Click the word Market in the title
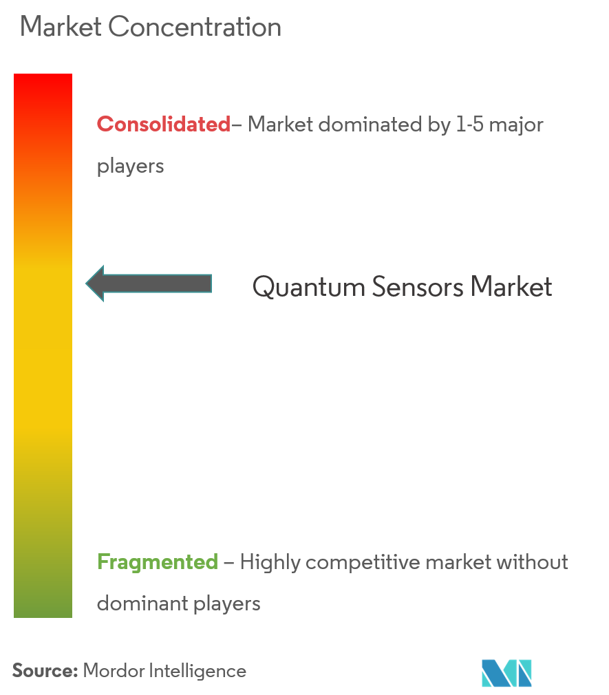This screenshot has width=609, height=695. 61,27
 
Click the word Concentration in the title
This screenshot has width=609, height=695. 195,27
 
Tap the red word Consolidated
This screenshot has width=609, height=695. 164,124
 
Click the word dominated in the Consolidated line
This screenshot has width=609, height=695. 370,124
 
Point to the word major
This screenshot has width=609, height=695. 516,125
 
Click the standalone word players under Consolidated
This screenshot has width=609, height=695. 130,167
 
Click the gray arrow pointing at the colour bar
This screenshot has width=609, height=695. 149,284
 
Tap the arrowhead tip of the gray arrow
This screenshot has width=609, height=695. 86,284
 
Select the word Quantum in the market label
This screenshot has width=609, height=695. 308,287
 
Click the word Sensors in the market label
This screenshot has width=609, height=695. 418,287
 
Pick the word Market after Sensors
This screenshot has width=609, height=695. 511,287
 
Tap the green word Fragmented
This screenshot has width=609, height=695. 158,562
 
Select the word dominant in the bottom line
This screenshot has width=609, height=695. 142,603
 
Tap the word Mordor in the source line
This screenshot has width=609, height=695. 114,671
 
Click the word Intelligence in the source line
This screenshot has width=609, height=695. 197,672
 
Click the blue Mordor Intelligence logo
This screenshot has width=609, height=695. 506,673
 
